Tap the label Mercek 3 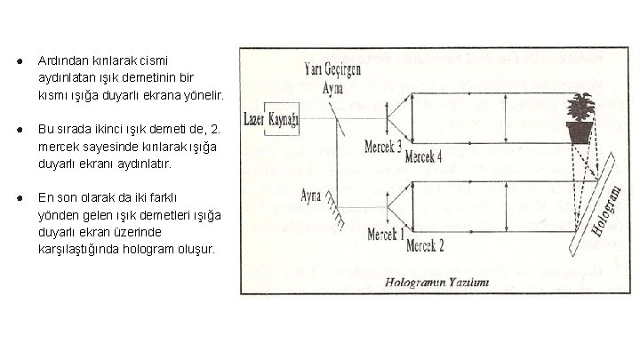tap(383, 144)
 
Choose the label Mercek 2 tap(425, 242)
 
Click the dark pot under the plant tap(581, 133)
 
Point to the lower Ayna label tap(313, 193)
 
